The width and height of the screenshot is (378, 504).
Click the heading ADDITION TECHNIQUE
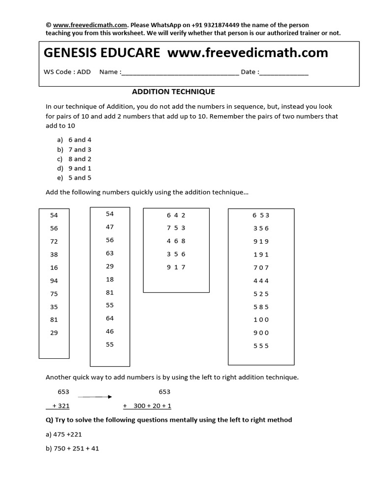(x=173, y=92)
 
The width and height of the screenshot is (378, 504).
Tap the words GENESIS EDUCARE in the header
(x=102, y=53)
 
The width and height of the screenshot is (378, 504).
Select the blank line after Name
(x=180, y=72)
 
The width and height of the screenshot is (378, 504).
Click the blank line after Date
(x=283, y=72)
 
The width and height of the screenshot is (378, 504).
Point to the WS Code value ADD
(x=84, y=72)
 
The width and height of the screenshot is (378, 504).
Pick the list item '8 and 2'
(x=80, y=159)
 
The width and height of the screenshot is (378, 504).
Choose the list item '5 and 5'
(x=80, y=178)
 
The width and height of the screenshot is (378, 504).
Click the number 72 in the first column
(x=54, y=241)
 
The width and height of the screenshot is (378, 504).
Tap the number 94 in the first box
(x=54, y=281)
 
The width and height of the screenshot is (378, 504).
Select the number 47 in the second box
(x=110, y=227)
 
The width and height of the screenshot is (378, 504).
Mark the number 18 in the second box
(x=110, y=279)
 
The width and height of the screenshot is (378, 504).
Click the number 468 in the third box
(x=176, y=241)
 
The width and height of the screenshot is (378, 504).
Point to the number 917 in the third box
(x=176, y=267)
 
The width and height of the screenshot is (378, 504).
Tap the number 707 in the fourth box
(x=261, y=268)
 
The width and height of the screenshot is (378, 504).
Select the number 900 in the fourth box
(x=261, y=333)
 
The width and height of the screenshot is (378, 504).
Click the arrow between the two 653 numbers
(x=95, y=396)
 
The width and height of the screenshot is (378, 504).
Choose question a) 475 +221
(x=68, y=434)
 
